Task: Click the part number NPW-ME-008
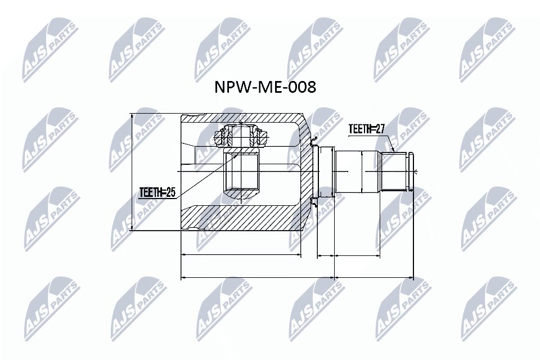(x=265, y=88)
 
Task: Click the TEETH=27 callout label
(x=366, y=129)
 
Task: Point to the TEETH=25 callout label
(x=157, y=193)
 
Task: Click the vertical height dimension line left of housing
(x=132, y=172)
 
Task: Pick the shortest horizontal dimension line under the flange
(x=326, y=255)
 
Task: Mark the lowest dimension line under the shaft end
(x=375, y=277)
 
